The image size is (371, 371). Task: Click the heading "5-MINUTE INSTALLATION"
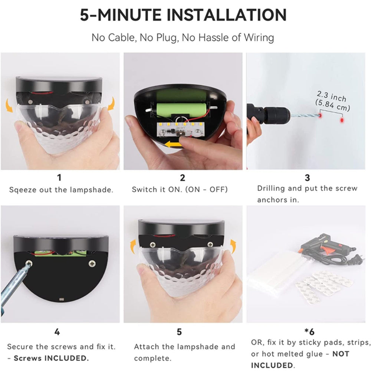click(x=183, y=15)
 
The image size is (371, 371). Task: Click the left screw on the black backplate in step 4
click(x=28, y=263)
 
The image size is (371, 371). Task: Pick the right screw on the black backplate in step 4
click(x=92, y=264)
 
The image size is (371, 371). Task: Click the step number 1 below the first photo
click(x=59, y=177)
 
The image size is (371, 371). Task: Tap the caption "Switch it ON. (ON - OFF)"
click(x=180, y=190)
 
